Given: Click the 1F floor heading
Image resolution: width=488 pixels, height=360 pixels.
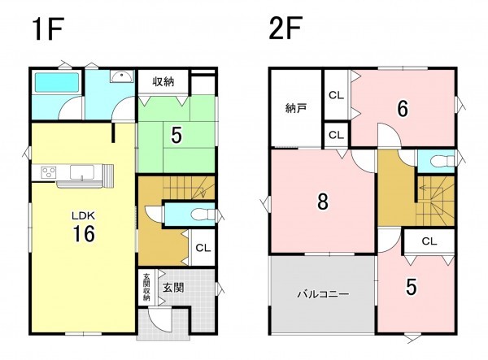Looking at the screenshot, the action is click(48, 29).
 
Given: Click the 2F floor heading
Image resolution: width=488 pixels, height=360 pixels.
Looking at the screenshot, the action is click(285, 29).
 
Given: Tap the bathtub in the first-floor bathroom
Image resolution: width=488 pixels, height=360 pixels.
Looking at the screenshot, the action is click(57, 82).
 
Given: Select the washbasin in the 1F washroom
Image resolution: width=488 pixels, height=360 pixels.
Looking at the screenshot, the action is click(121, 76).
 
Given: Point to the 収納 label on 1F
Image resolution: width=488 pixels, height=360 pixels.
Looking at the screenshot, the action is click(163, 81).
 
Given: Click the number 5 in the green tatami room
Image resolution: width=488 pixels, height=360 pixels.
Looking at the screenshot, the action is click(176, 135).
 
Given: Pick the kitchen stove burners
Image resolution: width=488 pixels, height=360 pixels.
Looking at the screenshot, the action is click(49, 172).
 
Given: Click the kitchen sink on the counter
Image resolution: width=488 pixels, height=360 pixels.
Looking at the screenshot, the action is click(82, 172).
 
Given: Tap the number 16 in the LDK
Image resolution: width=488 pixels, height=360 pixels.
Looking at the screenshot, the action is click(84, 234).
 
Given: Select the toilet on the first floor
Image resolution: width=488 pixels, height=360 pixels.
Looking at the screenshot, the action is click(203, 215).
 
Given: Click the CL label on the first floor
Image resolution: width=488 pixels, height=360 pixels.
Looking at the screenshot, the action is click(203, 248).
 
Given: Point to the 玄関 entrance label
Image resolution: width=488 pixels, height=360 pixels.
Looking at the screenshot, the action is click(173, 288).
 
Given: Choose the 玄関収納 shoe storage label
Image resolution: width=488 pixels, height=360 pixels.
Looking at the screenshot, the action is click(146, 287).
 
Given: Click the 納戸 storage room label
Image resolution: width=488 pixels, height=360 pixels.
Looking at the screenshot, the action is click(296, 109).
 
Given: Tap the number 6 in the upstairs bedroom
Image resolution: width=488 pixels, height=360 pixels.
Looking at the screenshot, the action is click(403, 109).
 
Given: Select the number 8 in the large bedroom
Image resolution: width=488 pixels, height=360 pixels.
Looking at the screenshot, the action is click(322, 202).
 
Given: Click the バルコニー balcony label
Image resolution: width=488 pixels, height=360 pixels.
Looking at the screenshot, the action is click(323, 294).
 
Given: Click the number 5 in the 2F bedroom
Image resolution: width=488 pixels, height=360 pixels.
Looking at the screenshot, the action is click(412, 287).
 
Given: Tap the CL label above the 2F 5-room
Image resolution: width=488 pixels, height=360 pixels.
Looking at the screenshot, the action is click(429, 241).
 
